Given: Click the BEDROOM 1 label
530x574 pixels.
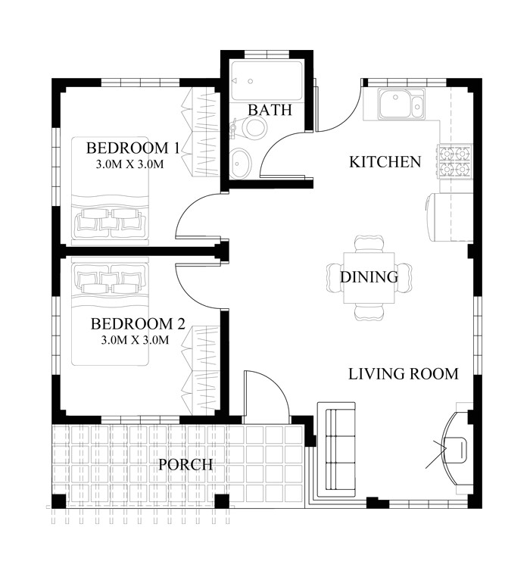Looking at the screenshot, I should click(132, 148).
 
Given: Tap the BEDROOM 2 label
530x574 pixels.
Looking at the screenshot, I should click(138, 324).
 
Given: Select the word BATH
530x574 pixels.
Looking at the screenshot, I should click(270, 111).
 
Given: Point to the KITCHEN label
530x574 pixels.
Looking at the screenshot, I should click(385, 162).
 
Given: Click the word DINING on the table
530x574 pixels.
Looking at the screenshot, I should click(369, 277).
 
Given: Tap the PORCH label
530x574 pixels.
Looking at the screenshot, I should click(185, 464).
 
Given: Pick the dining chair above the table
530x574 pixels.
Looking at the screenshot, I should click(369, 243).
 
